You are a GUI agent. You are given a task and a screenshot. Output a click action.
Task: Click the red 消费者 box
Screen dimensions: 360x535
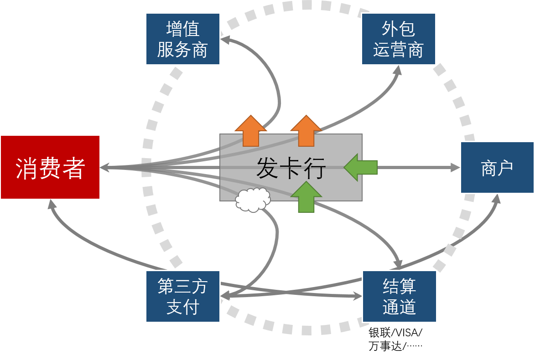click(50, 167)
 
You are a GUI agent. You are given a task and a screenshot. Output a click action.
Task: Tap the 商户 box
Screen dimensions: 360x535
click(497, 168)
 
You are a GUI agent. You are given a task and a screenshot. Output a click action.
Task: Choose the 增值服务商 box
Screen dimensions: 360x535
click(182, 39)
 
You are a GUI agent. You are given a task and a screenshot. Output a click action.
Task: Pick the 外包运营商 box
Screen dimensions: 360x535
click(398, 39)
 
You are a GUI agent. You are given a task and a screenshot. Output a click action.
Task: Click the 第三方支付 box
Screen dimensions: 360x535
click(182, 296)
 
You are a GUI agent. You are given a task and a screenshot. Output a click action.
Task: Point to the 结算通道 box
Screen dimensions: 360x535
click(399, 296)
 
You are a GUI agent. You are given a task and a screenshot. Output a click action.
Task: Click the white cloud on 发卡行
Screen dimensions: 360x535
click(253, 200)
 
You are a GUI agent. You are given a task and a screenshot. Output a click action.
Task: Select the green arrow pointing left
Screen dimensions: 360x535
click(360, 167)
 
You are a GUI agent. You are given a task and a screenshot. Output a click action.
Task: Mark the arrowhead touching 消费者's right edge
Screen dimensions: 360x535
click(104, 168)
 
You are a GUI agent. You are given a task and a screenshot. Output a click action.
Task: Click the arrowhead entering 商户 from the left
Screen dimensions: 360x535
click(455, 168)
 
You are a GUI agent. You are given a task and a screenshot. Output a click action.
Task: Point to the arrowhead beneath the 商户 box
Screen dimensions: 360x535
click(496, 199)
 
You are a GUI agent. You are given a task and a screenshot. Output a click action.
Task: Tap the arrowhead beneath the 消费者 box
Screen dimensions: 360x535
click(52, 204)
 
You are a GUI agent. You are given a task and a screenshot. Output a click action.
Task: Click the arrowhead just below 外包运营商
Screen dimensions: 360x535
click(397, 70)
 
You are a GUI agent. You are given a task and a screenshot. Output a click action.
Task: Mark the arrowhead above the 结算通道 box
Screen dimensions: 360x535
click(398, 265)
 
